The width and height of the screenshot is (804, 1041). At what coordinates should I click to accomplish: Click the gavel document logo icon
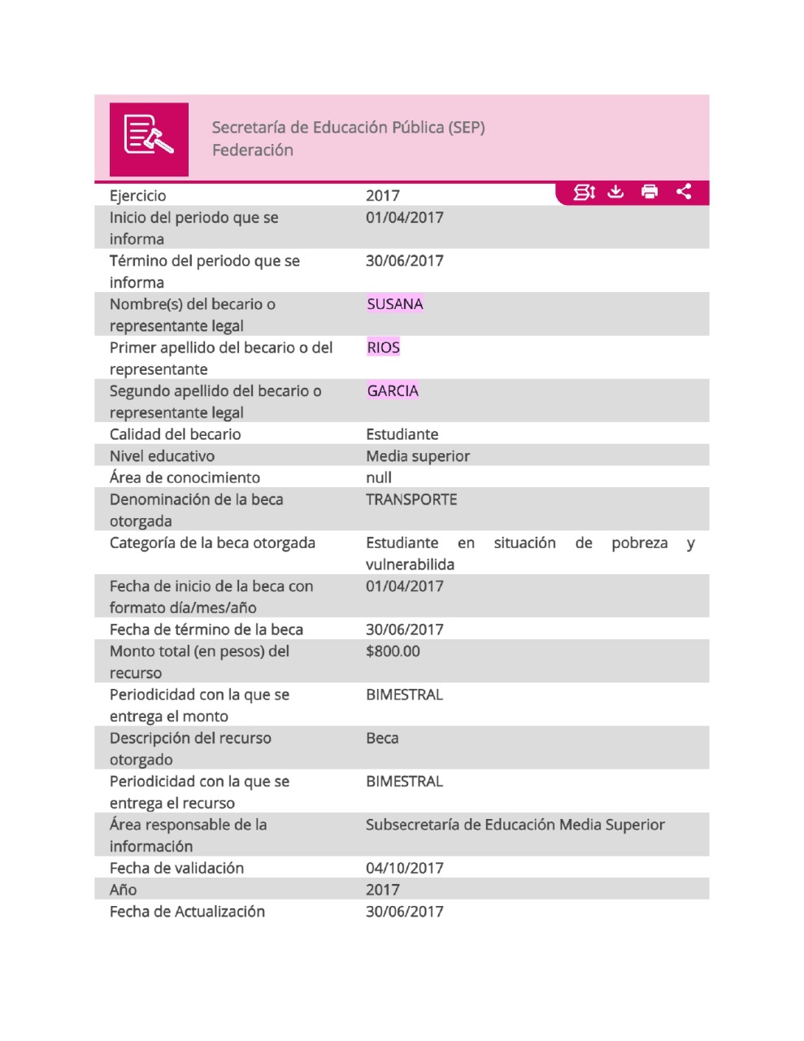point(149,138)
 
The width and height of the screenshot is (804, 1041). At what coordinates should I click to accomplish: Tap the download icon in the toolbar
point(615,191)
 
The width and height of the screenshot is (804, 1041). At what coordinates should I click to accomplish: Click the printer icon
point(650,191)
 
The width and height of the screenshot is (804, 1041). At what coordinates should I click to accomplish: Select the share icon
point(684,191)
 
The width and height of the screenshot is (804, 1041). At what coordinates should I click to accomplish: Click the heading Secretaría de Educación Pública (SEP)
point(348,128)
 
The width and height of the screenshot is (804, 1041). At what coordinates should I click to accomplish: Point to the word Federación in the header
point(252,150)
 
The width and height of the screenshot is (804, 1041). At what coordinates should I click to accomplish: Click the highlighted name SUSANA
point(395,304)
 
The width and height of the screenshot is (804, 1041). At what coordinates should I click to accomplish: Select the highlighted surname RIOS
point(384,348)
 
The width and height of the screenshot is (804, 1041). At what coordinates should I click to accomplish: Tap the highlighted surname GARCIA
point(393,391)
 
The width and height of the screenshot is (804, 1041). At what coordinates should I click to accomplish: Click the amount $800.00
point(393,651)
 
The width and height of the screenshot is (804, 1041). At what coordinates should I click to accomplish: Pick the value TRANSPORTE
point(411,499)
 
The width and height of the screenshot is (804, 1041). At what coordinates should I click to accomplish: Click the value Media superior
point(418,456)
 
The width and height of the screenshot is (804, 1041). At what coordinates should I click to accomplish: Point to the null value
point(379,477)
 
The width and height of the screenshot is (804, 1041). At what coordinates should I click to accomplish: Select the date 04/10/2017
point(405,868)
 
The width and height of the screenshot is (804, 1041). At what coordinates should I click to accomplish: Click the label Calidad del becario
point(176,434)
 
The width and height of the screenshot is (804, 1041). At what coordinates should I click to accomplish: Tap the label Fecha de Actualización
point(187,912)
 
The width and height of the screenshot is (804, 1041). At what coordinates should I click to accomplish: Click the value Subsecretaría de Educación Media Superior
point(515,825)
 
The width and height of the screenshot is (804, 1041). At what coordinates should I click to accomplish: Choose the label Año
point(124,890)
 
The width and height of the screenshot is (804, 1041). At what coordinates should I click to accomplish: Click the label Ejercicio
point(138,196)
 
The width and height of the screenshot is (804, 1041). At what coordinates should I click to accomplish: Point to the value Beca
point(382,738)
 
